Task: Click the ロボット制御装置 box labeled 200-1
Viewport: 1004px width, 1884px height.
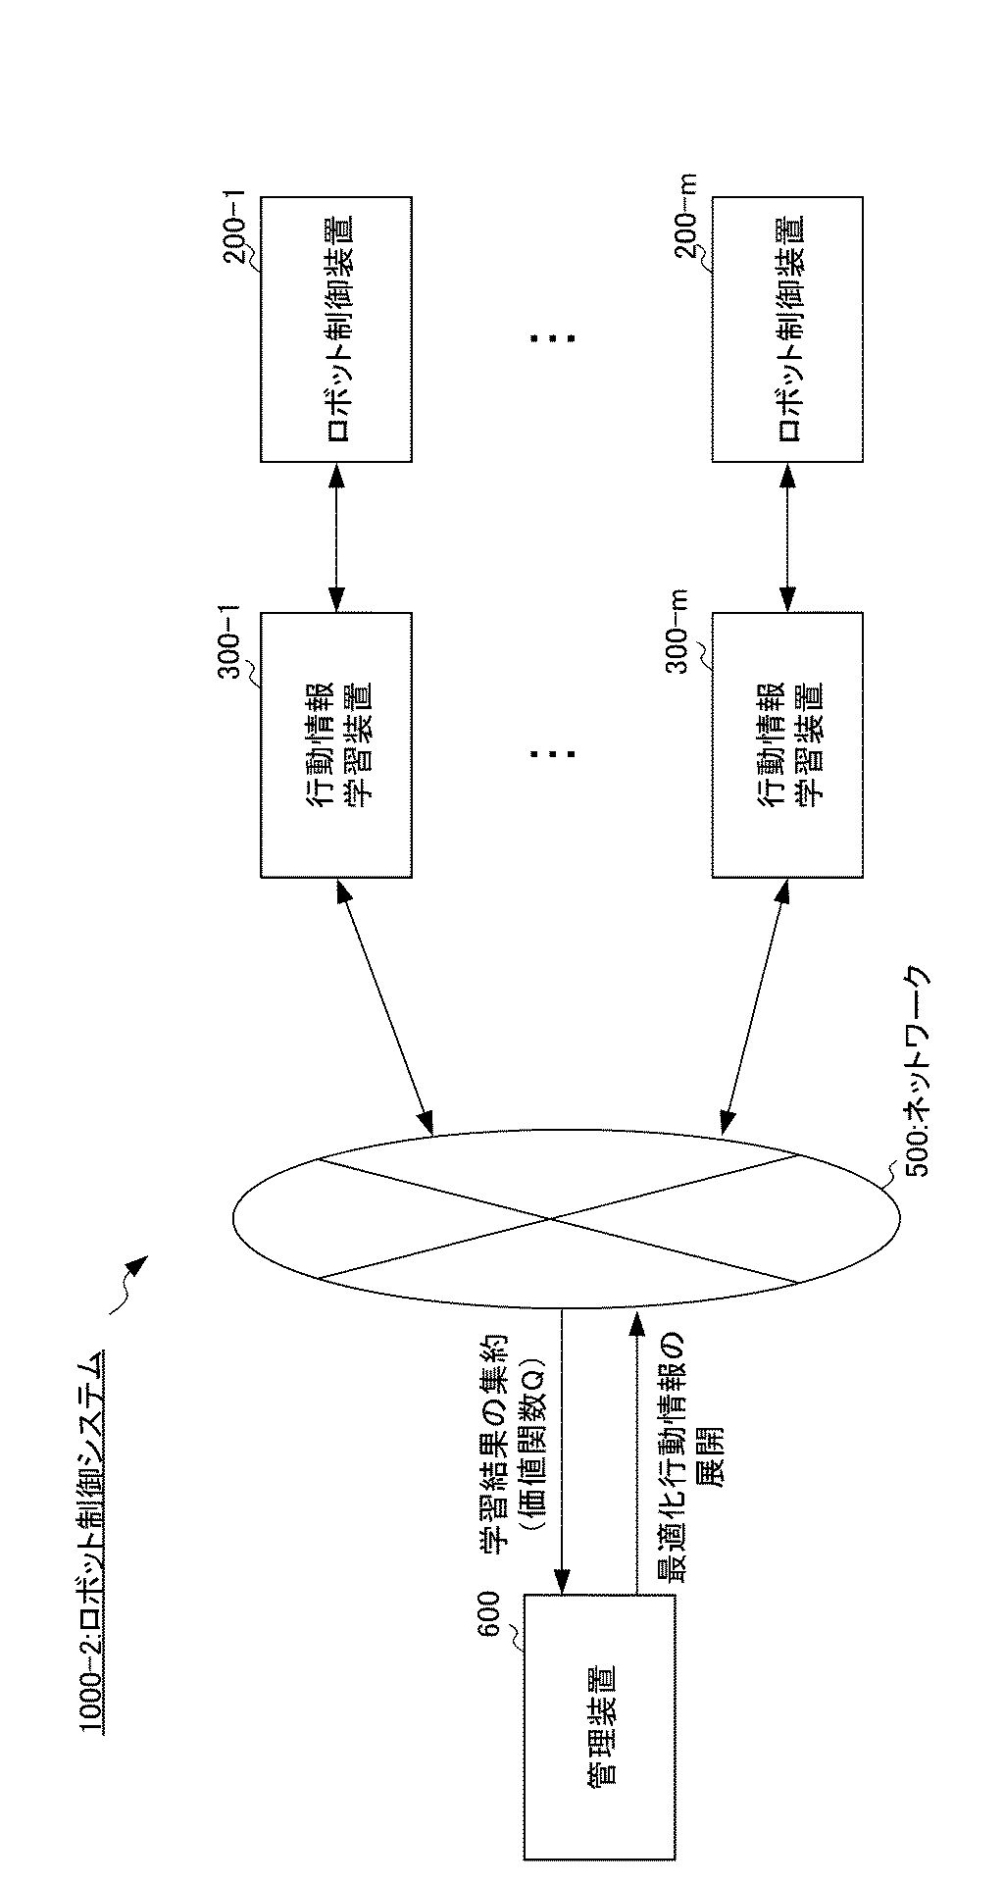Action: [335, 329]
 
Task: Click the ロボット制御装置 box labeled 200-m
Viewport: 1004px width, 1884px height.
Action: [787, 329]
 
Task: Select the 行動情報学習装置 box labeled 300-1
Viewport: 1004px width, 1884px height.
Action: [335, 744]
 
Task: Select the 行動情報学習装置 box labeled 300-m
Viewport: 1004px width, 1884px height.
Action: [787, 744]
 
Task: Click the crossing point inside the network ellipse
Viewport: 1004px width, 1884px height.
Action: [554, 1219]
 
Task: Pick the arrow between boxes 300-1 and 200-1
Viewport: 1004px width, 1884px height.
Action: [336, 537]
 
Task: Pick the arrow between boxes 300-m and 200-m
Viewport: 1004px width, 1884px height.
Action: [787, 537]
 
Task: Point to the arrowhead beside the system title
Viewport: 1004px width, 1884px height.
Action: [137, 1264]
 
